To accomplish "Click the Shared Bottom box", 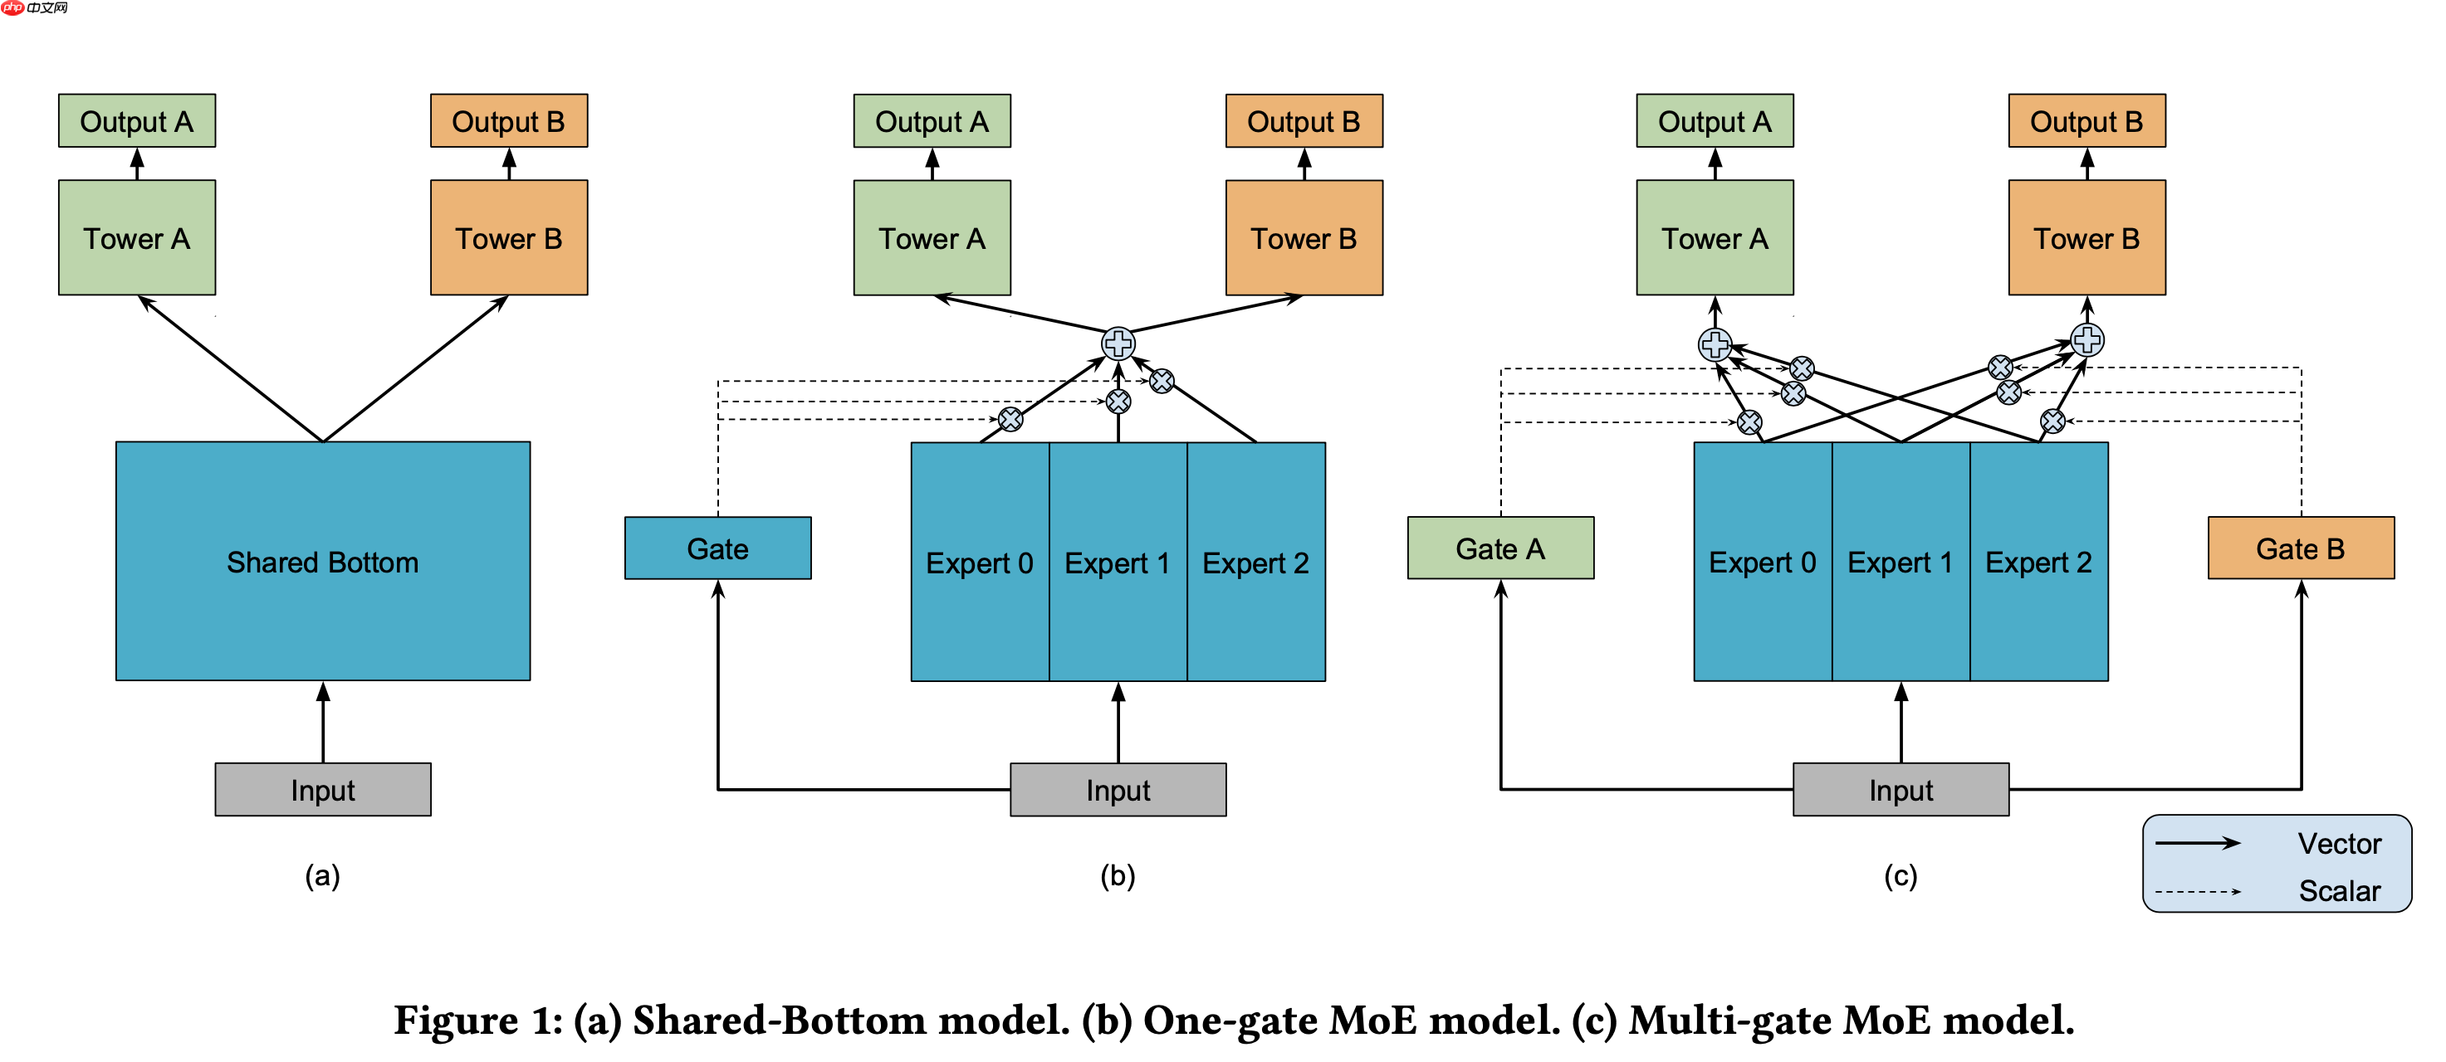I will pos(323,561).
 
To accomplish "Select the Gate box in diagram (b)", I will pos(718,548).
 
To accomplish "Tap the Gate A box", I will pos(1500,548).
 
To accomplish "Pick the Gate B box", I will pos(2300,548).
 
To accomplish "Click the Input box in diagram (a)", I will pos(323,790).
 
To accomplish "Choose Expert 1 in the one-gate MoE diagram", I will pos(1118,562).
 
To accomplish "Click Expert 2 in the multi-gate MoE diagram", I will pos(2038,562).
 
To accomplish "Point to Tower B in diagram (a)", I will pos(509,238).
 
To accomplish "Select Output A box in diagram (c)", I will pos(1714,121).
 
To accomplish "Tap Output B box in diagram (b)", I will pos(1304,121).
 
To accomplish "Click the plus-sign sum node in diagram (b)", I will pos(1118,343).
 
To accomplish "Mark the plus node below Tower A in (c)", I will pos(1714,344).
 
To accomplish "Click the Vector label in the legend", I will pos(2339,844).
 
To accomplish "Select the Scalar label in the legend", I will pos(2339,891).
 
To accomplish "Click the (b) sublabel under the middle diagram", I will pos(1118,875).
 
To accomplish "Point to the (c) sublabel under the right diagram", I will pos(1900,875).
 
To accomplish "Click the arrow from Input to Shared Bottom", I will pos(323,721).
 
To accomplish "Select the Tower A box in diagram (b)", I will pos(932,238).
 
